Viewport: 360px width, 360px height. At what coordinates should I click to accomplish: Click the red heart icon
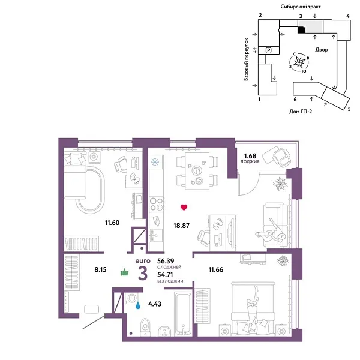point(184,208)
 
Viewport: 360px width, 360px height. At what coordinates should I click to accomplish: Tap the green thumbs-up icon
point(125,272)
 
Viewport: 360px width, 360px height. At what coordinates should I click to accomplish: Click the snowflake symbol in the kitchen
point(155,161)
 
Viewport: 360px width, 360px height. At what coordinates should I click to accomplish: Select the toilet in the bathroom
point(142,327)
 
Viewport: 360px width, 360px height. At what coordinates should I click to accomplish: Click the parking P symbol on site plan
point(269,50)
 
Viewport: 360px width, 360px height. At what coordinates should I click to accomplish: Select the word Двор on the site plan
point(320,50)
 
